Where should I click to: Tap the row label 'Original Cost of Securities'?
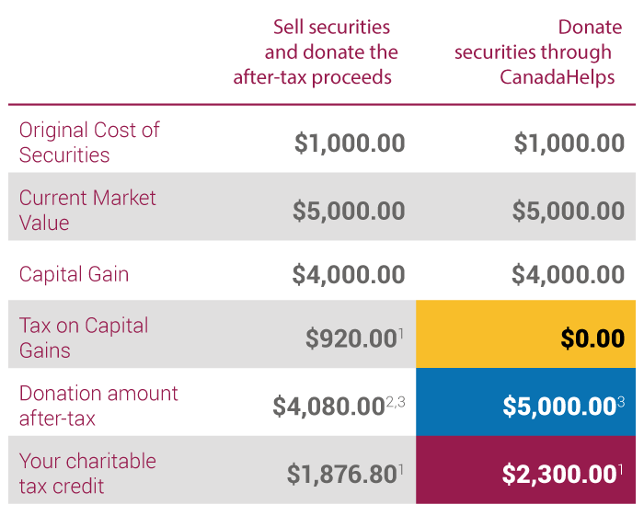coord(89,143)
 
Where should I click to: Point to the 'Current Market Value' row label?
coord(87,210)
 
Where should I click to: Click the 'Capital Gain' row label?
coord(75,274)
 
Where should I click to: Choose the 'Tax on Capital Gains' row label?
coord(84,338)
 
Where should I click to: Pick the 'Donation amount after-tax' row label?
coord(98,406)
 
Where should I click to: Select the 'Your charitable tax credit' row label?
coord(87,474)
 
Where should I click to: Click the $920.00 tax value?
coord(351,338)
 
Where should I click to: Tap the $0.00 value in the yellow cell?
coord(592,338)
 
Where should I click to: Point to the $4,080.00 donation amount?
coord(328,407)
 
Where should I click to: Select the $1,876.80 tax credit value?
coord(341,475)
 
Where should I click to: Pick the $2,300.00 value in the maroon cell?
coord(558,475)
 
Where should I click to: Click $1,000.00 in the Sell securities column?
coord(350,143)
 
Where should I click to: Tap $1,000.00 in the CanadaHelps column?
coord(569,143)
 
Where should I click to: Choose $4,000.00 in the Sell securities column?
coord(349,274)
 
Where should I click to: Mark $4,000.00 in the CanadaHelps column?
coord(569,274)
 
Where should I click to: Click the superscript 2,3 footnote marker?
coord(394,399)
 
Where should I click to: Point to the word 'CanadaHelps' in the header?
coord(558,77)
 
